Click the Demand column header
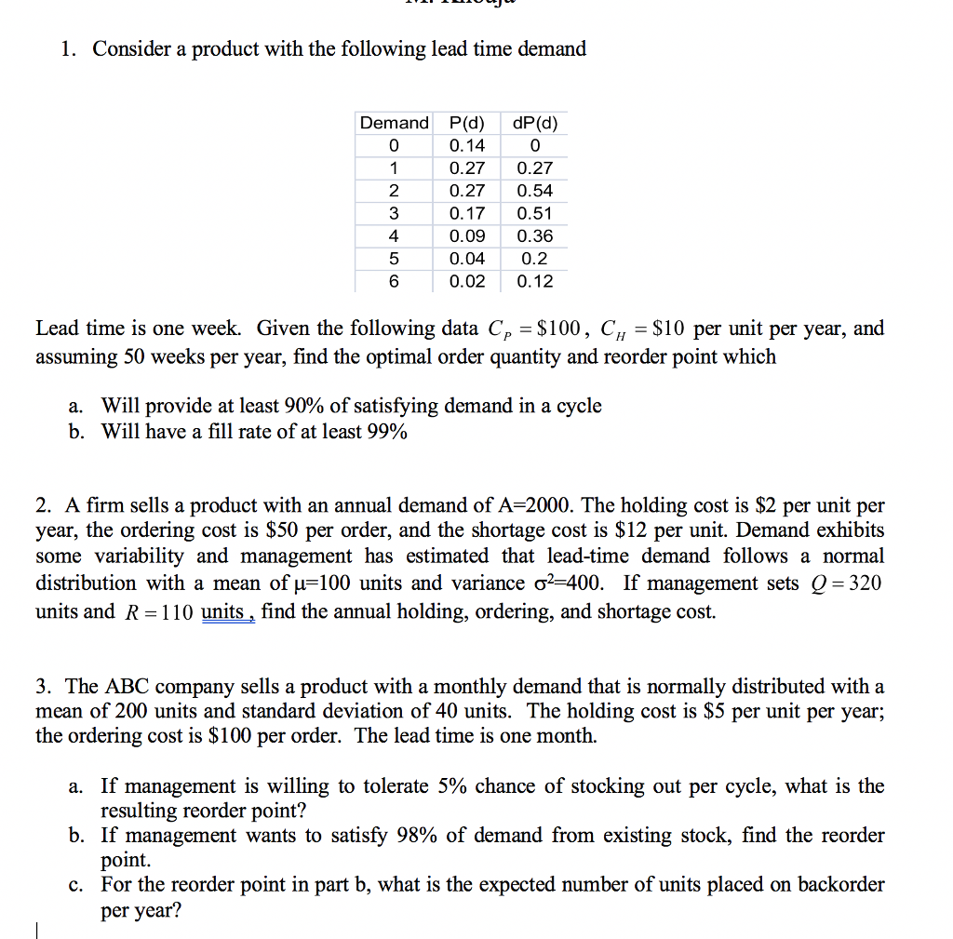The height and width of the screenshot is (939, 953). (x=395, y=123)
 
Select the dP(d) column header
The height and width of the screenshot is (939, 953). (x=535, y=123)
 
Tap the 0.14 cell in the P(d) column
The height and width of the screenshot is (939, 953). (x=466, y=145)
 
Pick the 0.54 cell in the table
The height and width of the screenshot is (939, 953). (x=535, y=191)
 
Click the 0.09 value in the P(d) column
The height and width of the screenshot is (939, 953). (x=466, y=236)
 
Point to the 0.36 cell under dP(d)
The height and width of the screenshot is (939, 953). (x=535, y=236)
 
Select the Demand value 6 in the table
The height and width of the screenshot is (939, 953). (x=394, y=281)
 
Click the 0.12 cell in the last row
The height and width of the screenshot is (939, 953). (x=535, y=281)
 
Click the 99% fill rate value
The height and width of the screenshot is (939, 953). (x=385, y=432)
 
